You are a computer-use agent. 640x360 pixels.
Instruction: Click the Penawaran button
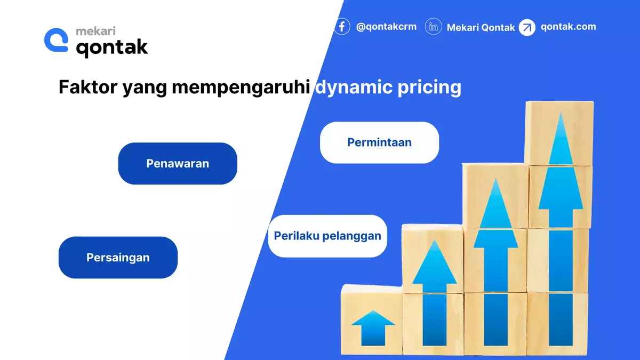(x=177, y=164)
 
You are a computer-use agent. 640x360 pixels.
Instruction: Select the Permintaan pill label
(x=379, y=142)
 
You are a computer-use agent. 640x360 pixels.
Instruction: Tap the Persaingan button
(x=118, y=258)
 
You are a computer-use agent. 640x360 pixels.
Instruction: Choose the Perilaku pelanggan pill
(x=327, y=236)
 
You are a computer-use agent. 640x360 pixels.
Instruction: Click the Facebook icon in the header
(x=342, y=26)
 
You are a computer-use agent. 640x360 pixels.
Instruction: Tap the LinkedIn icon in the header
(x=434, y=27)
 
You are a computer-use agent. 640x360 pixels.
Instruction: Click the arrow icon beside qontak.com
(x=527, y=27)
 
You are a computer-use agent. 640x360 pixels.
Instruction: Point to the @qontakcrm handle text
(x=386, y=27)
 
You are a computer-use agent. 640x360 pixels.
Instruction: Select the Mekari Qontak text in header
(x=481, y=27)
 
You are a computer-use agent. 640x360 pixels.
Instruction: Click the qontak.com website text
(x=568, y=27)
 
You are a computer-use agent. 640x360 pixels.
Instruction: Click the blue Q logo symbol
(x=57, y=40)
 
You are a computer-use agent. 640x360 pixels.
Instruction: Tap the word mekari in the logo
(x=96, y=31)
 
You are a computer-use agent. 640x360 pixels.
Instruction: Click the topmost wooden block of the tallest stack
(x=559, y=133)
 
